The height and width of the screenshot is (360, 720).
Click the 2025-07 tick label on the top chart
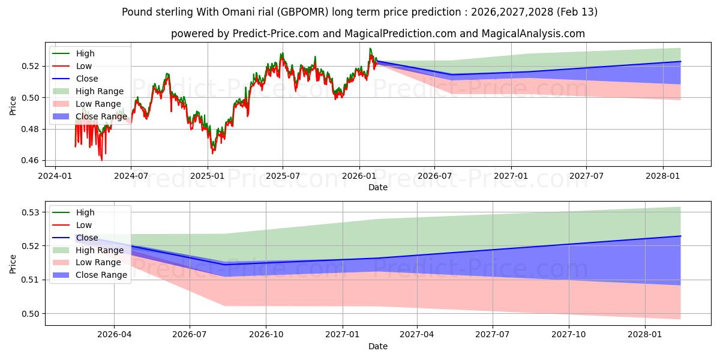[x=283, y=176]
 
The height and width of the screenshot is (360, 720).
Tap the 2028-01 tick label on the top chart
[x=662, y=176]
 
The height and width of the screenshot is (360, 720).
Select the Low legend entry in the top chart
[x=84, y=66]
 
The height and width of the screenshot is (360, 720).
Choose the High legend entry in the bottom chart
[x=85, y=212]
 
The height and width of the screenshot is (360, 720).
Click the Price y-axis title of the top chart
[x=13, y=106]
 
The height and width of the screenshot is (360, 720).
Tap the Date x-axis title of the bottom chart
[x=378, y=346]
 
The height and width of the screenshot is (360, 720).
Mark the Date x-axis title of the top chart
[x=378, y=187]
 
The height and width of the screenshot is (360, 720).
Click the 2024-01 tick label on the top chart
[x=55, y=176]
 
